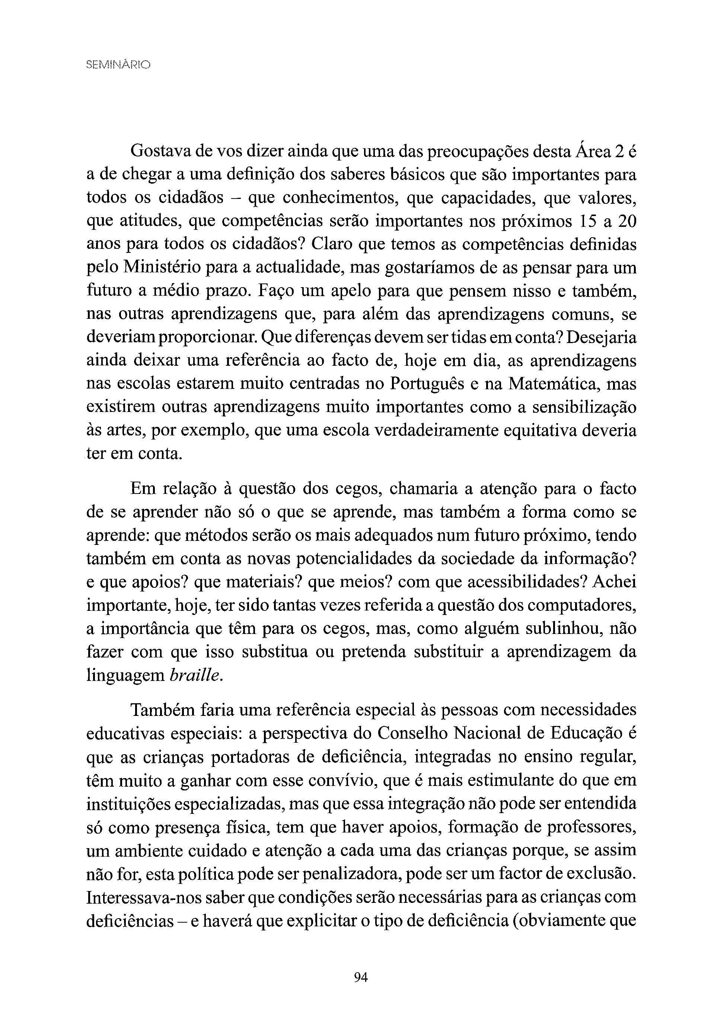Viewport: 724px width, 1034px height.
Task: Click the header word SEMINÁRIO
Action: coord(118,65)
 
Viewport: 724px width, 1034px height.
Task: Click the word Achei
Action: coord(615,582)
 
